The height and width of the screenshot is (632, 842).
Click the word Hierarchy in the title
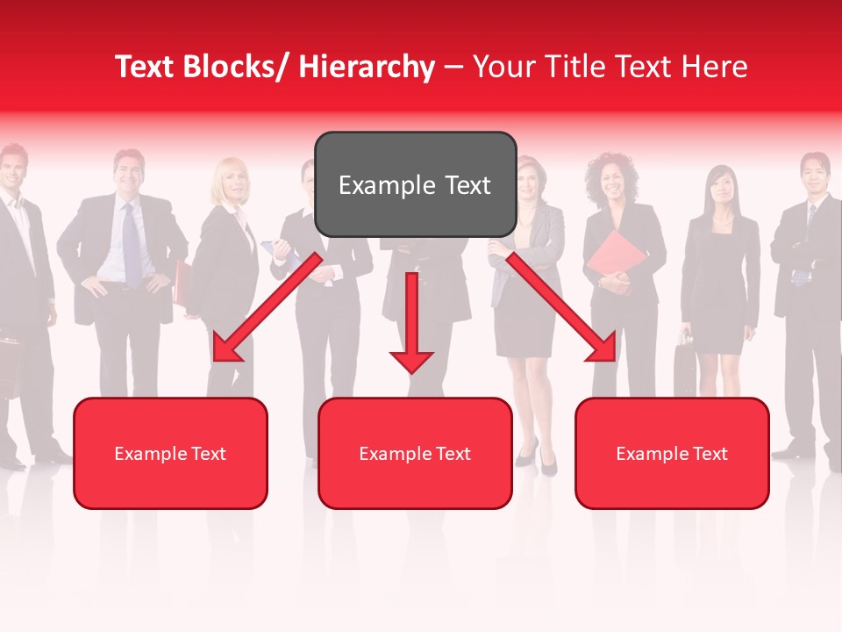coord(367,68)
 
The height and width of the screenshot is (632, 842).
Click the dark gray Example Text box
coord(415,184)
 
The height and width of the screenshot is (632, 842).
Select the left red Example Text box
coord(170,453)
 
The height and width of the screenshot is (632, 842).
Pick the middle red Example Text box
coord(415,453)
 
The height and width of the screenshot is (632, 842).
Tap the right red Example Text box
coord(672,453)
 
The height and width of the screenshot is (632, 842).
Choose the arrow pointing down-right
coord(561,307)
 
